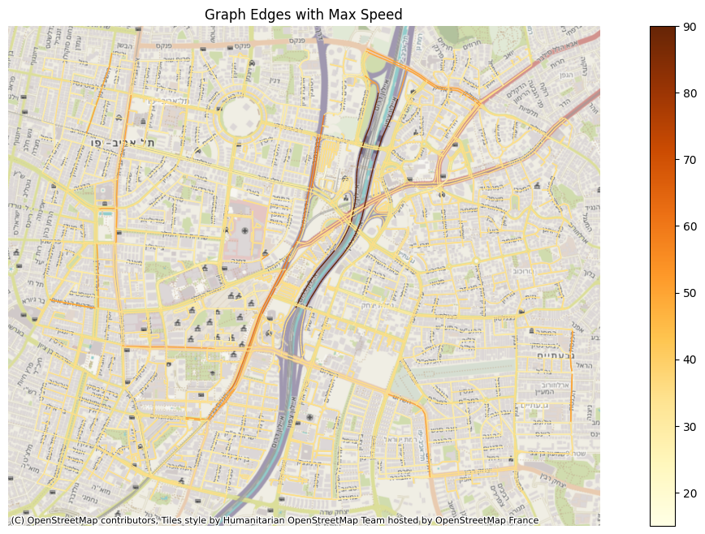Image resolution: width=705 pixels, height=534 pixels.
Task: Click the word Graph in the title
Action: point(222,15)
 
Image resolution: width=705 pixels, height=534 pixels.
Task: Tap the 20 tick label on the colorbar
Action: point(690,493)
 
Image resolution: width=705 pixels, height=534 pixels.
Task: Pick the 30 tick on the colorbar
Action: point(690,426)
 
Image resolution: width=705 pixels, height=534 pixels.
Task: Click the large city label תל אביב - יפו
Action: point(121,143)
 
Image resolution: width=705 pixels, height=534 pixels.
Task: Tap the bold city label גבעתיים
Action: point(556,355)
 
